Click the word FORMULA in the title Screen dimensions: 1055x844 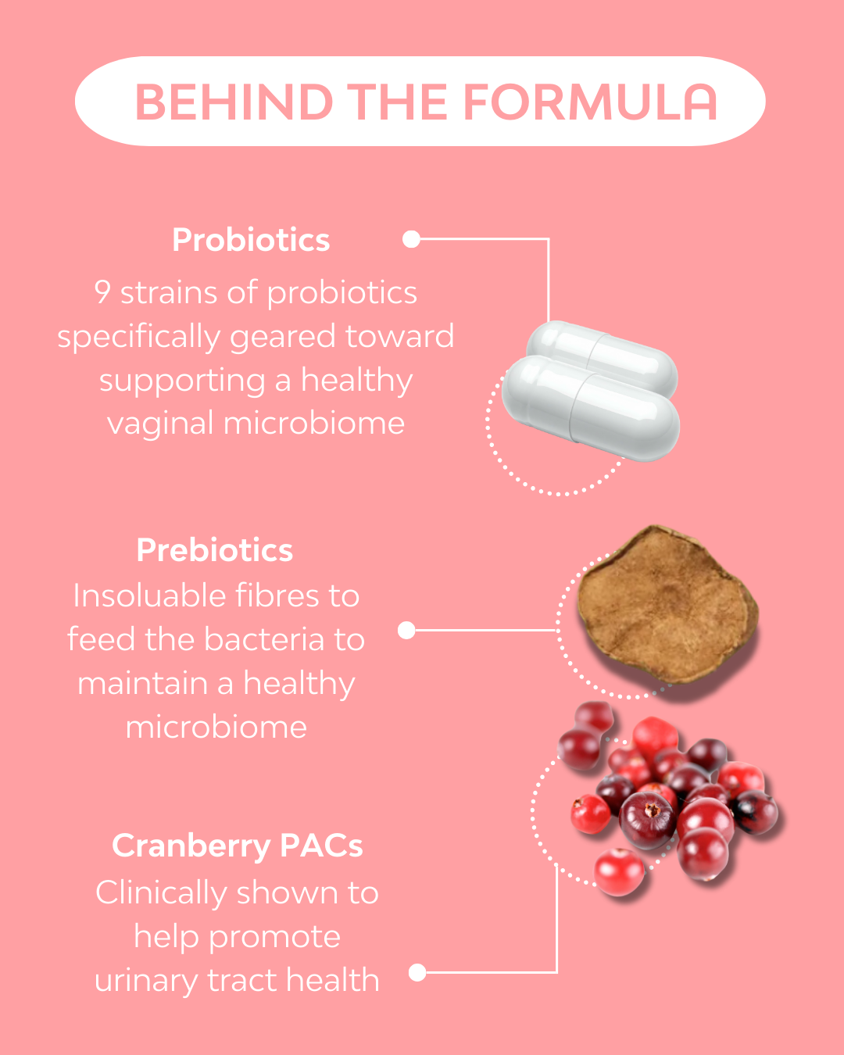tap(590, 102)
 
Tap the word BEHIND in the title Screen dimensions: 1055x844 tap(234, 102)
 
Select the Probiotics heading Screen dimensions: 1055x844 tap(251, 240)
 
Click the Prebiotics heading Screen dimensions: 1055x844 tap(215, 550)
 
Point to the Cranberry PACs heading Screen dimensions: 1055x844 tap(238, 846)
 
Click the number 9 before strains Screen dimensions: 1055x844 tap(102, 292)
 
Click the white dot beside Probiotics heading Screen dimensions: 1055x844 tap(412, 239)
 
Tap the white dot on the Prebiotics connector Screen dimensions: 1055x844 tap(406, 630)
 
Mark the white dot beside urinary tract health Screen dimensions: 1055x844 tap(417, 972)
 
